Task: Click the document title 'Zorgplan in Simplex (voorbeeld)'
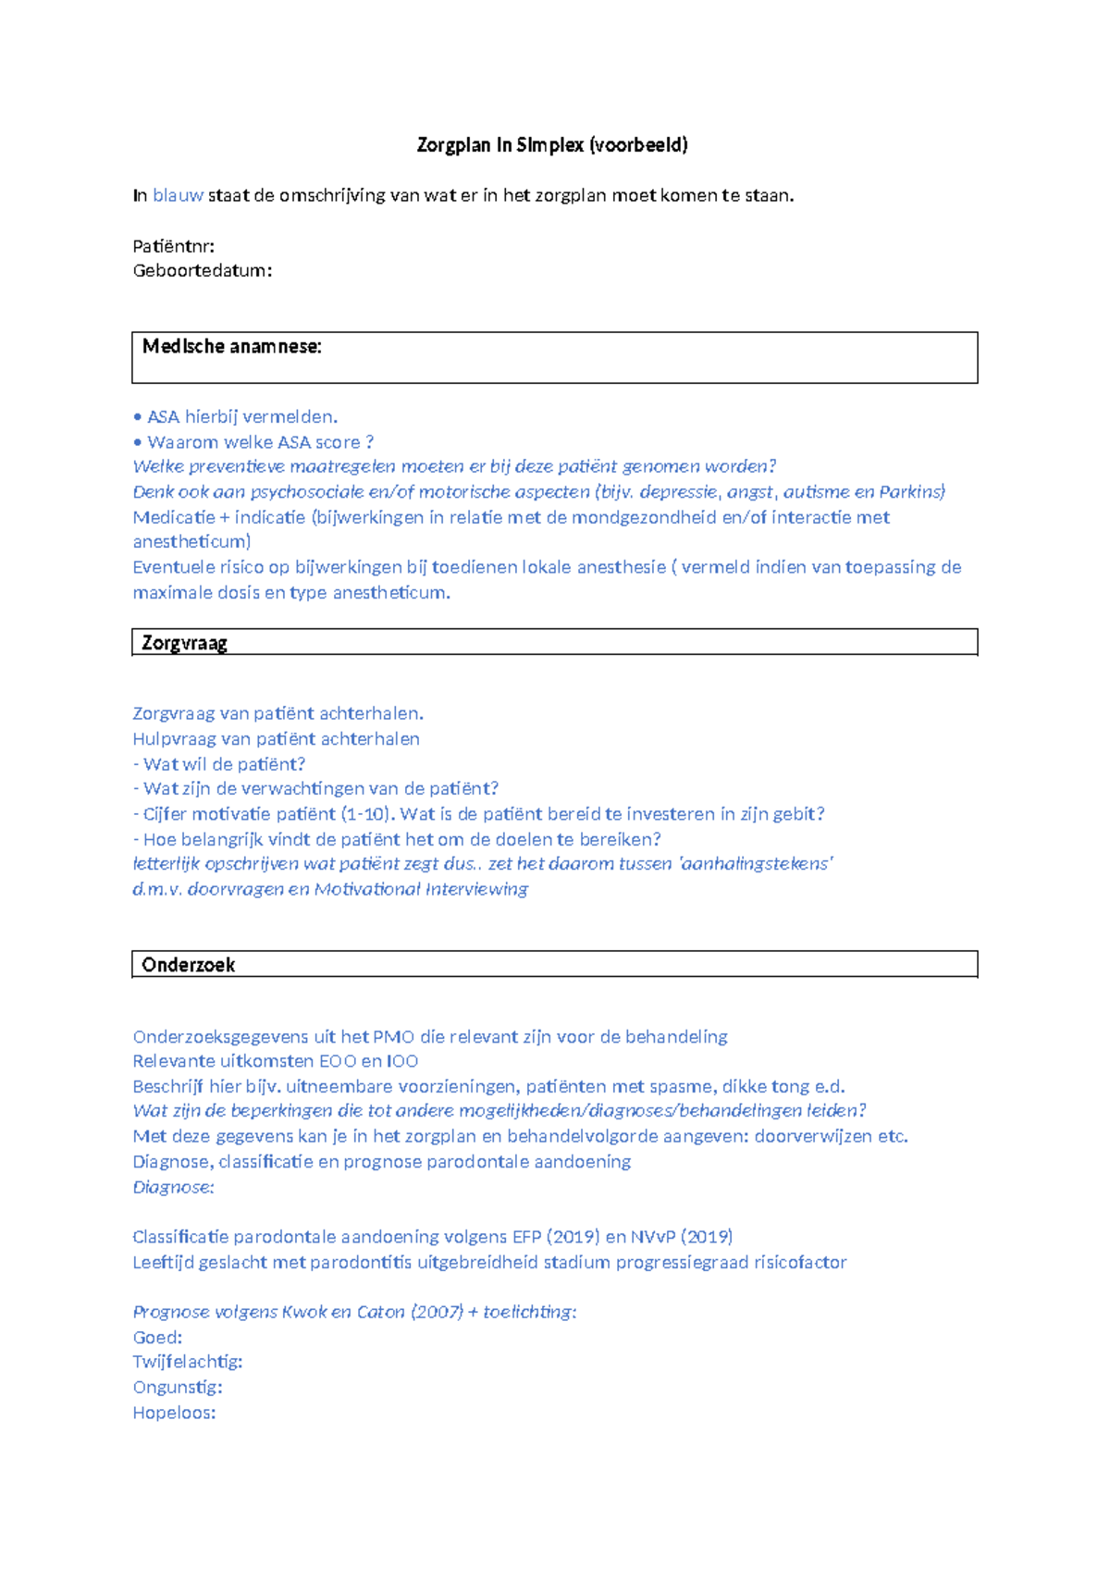(x=552, y=145)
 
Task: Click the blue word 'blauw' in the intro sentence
(x=178, y=195)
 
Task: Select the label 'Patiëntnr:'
(x=174, y=246)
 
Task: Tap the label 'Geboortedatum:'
(x=203, y=271)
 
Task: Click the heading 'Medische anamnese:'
(x=232, y=347)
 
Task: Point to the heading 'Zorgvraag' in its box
(x=184, y=643)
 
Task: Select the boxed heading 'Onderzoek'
(x=188, y=965)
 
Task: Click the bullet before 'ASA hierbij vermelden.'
(x=138, y=417)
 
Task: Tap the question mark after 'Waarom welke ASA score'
(x=370, y=442)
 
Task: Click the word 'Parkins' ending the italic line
(x=912, y=492)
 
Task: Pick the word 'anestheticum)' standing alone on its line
(x=191, y=542)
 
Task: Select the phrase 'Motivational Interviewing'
(x=421, y=889)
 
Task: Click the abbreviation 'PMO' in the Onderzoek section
(x=393, y=1037)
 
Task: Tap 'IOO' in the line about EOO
(x=402, y=1062)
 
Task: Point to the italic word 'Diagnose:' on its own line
(x=173, y=1187)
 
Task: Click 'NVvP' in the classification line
(x=653, y=1237)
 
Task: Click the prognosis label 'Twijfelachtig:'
(x=188, y=1362)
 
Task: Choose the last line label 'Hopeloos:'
(x=174, y=1413)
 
